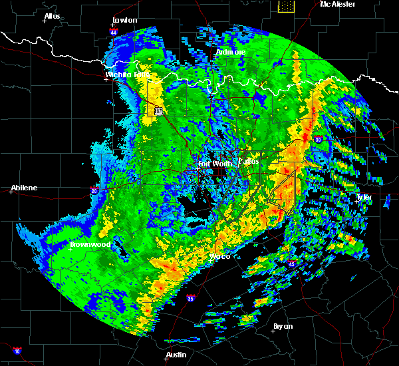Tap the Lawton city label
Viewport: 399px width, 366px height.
click(125, 20)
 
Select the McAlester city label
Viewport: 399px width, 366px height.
click(337, 4)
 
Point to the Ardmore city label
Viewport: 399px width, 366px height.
click(231, 52)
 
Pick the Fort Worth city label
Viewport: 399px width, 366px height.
click(214, 164)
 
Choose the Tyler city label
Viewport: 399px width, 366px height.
click(364, 198)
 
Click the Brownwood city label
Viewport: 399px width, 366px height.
click(90, 244)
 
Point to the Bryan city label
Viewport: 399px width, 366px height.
click(283, 326)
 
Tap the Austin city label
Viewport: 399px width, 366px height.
click(176, 355)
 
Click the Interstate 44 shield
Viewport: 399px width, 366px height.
click(114, 31)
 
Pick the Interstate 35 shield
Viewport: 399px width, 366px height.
click(191, 299)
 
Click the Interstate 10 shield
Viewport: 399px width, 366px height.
click(16, 351)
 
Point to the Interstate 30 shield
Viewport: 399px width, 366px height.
click(319, 139)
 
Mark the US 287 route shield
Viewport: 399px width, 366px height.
click(158, 111)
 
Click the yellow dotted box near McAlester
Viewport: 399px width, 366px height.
click(286, 6)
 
